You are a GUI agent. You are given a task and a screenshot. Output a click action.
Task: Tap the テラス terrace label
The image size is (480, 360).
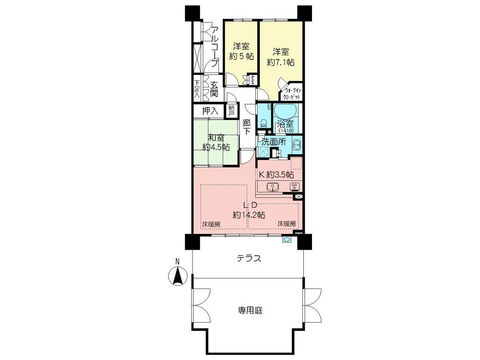249,259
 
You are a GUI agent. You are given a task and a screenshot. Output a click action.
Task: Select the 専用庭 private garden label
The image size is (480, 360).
249,310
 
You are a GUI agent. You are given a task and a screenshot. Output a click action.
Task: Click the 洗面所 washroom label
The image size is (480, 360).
274,142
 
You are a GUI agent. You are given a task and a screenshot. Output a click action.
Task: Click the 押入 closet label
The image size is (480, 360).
210,111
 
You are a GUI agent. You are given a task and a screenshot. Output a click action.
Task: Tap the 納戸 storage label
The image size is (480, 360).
232,111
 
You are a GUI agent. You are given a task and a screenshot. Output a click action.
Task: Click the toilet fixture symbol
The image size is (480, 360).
263,123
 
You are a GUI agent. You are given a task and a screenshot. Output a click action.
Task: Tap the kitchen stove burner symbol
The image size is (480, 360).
295,188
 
